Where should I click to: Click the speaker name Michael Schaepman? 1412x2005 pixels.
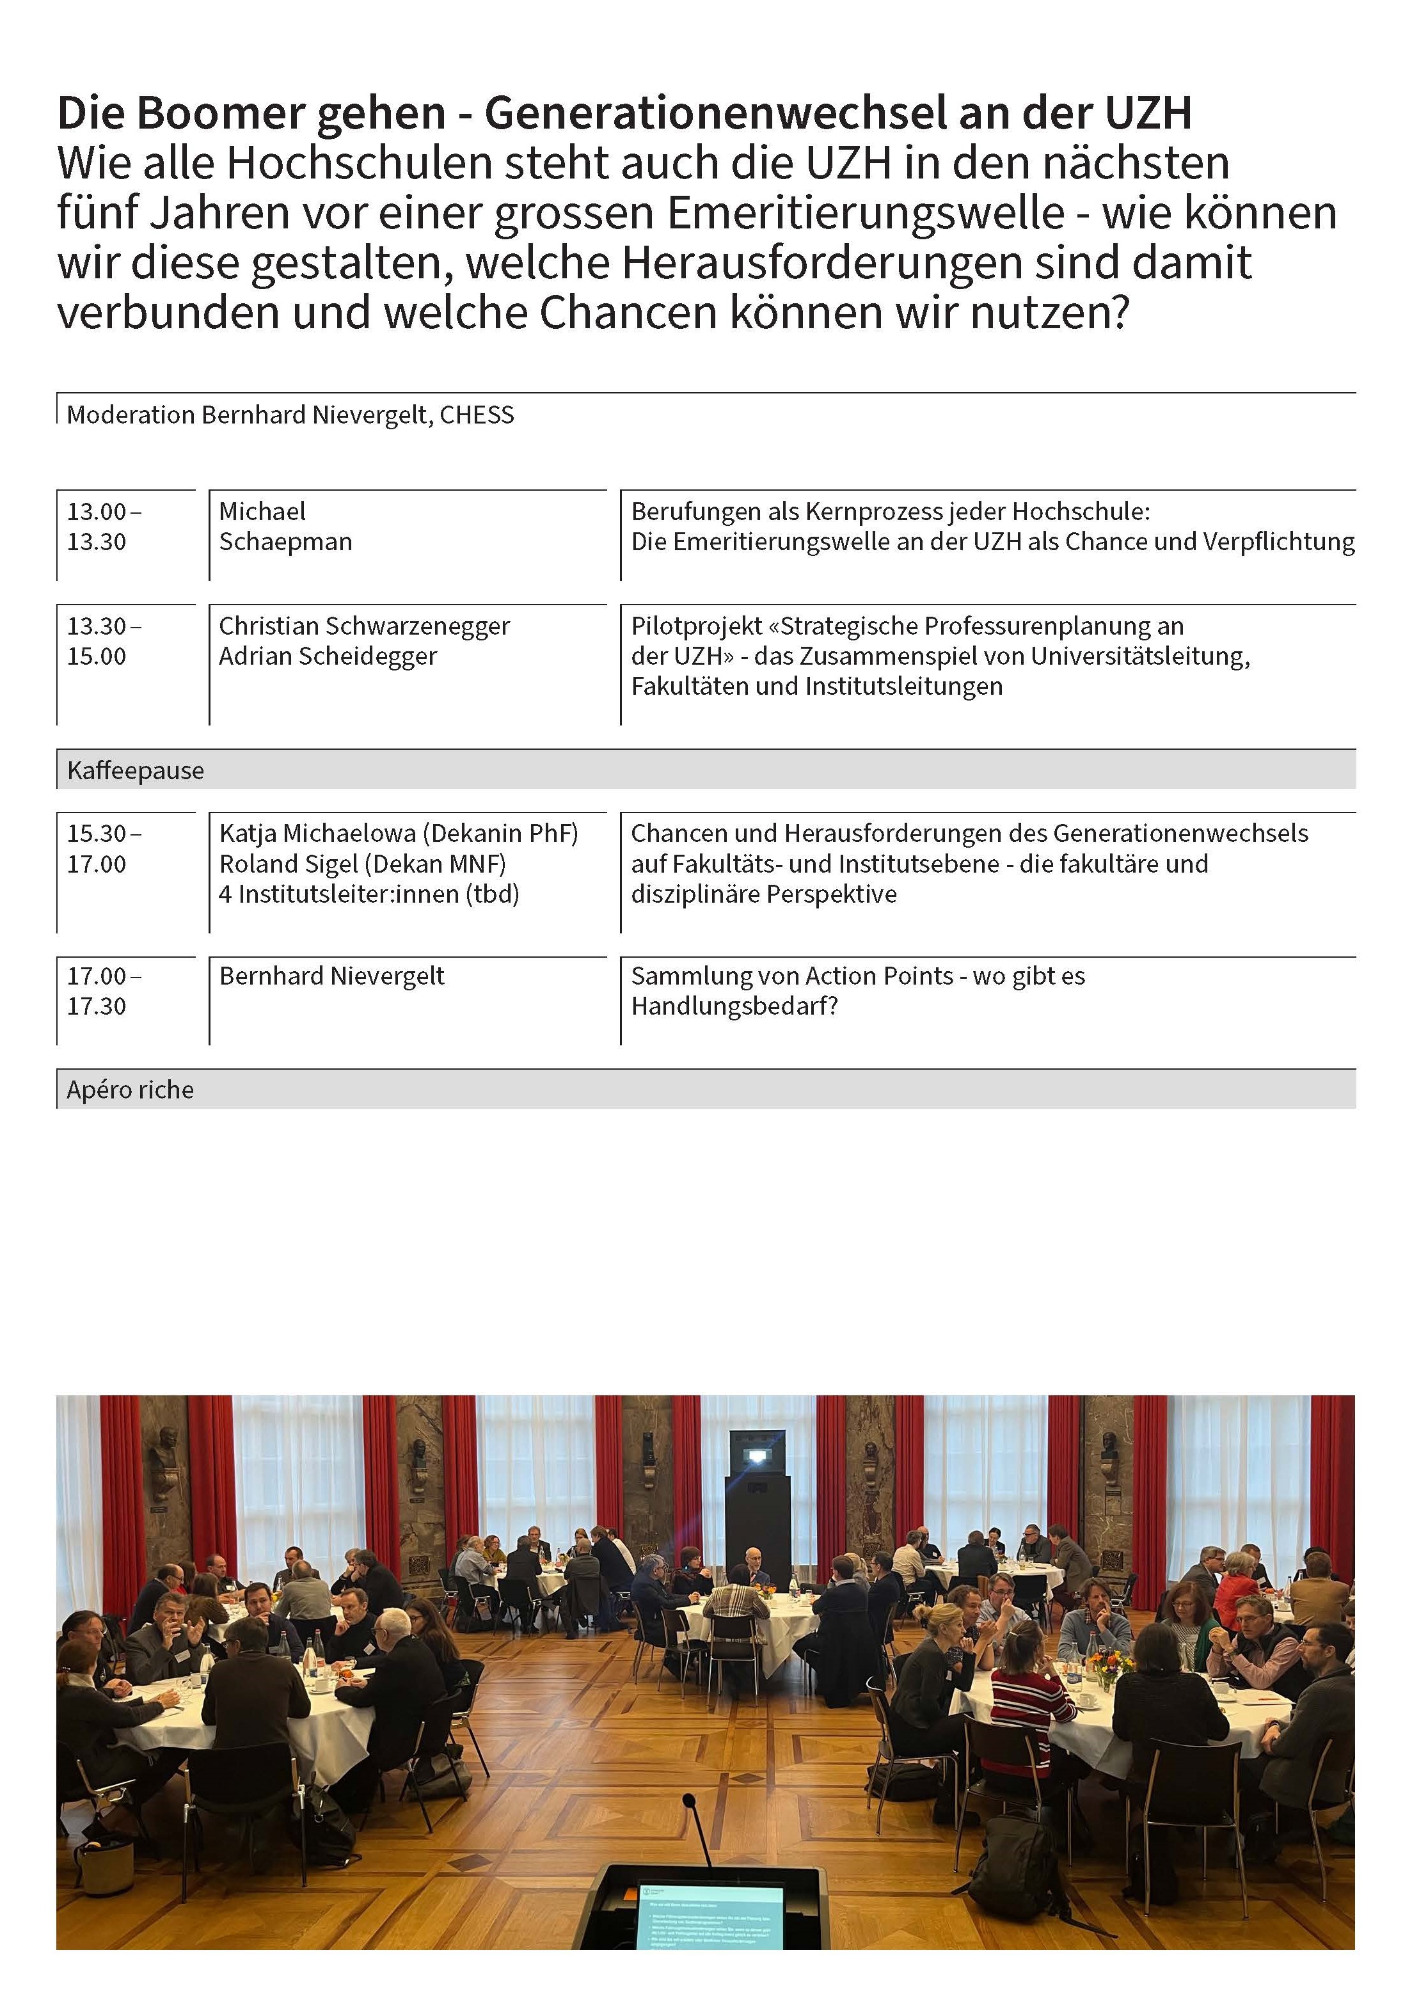coord(285,527)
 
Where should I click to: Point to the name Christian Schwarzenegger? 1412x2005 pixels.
coord(364,626)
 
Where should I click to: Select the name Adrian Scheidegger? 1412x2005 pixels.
coord(328,656)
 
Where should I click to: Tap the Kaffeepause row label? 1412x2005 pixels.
coord(136,770)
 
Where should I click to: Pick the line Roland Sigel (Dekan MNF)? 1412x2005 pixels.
coord(362,864)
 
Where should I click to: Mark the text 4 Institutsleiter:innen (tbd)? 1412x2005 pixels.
coord(369,894)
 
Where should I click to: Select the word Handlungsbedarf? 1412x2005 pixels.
coord(734,1007)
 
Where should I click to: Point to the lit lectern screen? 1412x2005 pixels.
coord(709,1912)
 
